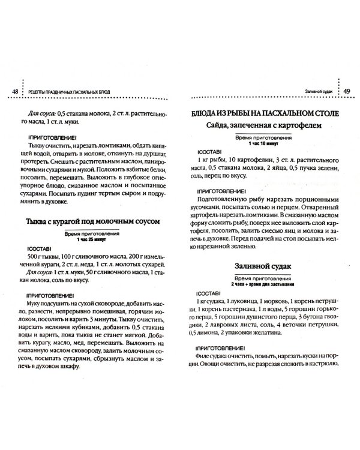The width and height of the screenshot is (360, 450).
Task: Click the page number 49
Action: (x=347, y=91)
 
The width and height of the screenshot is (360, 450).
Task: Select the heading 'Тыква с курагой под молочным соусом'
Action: (x=94, y=221)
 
